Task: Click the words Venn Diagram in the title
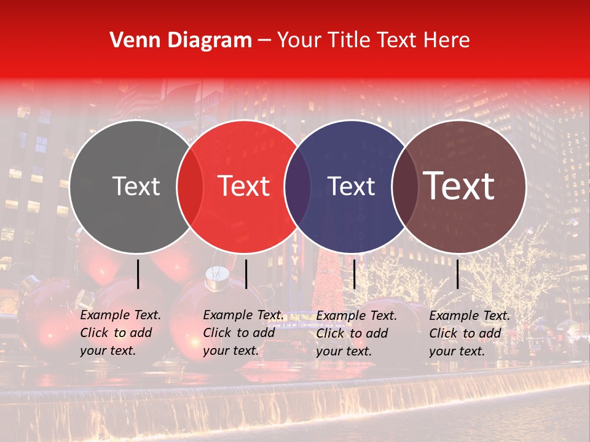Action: coord(181,41)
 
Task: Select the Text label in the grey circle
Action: coord(136,187)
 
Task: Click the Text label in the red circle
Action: coord(244,186)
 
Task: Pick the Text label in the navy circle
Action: coord(352,187)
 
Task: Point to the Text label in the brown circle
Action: coord(459,186)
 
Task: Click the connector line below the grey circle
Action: coord(138,274)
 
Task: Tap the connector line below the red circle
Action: coord(246,274)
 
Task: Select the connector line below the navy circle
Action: coord(354,274)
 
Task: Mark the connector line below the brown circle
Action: coord(458,274)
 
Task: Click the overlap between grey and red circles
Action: coord(190,187)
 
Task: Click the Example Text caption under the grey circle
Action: coord(120,333)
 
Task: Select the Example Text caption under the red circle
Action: coord(243,333)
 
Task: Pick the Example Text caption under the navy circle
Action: coord(356,333)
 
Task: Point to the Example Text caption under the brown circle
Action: coord(470,333)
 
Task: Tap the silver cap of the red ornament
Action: coord(214,278)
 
